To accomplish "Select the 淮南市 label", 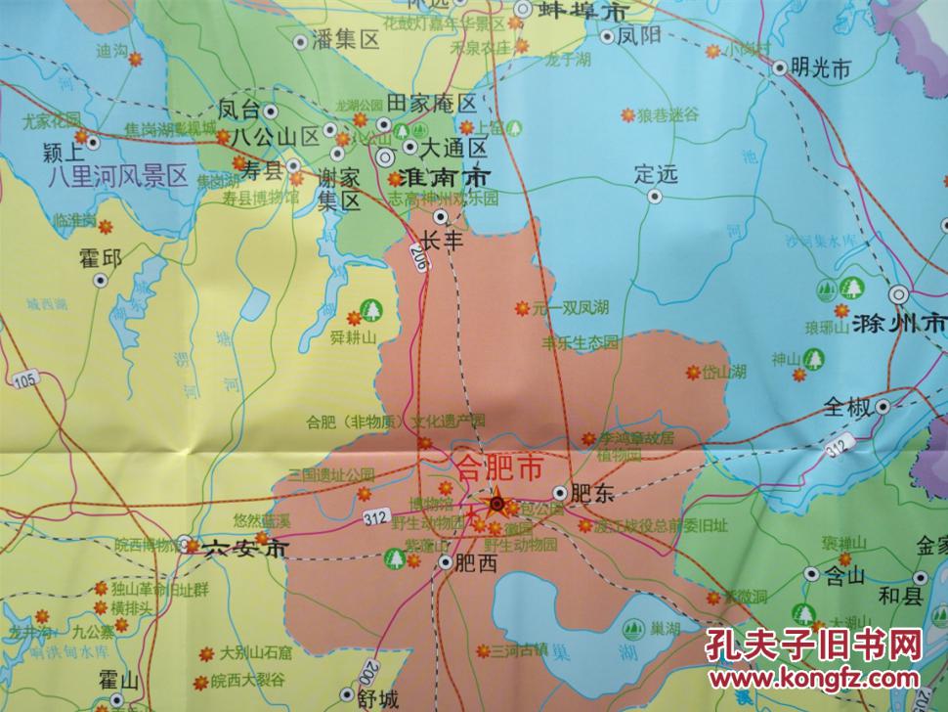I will click(438, 179).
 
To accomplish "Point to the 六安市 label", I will click(246, 550).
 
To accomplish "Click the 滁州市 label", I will click(899, 323).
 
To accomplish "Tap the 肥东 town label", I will click(596, 495).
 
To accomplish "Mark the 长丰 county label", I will click(441, 241).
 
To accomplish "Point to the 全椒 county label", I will click(846, 406).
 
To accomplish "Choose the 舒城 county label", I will click(378, 698).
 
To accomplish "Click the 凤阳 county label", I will click(639, 38).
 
